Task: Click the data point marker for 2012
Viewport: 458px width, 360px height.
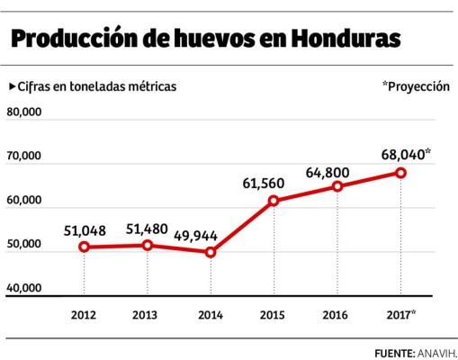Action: click(x=84, y=247)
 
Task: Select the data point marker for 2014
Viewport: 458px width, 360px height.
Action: click(x=211, y=252)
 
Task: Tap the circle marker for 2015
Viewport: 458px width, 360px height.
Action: click(x=274, y=201)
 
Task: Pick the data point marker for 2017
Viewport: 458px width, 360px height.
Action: click(x=400, y=173)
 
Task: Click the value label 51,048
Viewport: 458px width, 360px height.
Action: click(x=85, y=229)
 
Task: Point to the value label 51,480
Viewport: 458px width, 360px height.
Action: click(x=148, y=228)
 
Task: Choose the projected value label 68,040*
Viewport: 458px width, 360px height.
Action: click(x=406, y=154)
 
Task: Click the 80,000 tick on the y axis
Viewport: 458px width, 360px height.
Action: click(x=25, y=112)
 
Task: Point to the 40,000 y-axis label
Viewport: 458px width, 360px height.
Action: click(x=25, y=288)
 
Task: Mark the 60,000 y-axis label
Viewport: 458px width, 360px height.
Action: click(x=25, y=201)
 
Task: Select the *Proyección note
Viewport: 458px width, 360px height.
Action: click(x=415, y=86)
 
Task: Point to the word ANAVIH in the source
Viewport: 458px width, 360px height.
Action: click(x=436, y=351)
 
